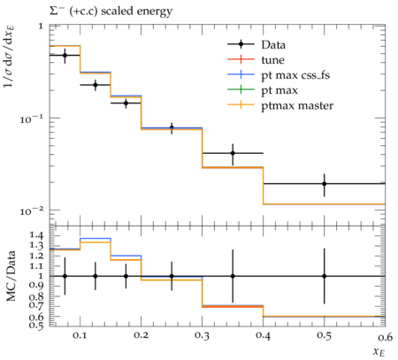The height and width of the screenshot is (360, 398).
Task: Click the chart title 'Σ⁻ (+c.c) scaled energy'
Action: point(111,11)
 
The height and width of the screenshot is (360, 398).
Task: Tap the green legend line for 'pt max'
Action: point(241,89)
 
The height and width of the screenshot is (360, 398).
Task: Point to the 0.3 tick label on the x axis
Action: point(202,335)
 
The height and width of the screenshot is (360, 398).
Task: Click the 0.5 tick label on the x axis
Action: point(324,335)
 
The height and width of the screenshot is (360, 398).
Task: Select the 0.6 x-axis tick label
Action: point(385,336)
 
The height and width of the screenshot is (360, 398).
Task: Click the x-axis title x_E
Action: point(379,352)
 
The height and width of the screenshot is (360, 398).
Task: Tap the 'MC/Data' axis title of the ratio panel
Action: point(11,276)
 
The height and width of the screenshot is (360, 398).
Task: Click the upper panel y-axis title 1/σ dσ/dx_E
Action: point(9,57)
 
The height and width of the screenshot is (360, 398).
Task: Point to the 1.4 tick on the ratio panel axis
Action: point(36,235)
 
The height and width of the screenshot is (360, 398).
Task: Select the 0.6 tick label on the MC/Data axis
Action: point(36,317)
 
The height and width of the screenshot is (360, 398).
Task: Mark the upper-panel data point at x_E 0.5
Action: point(325,184)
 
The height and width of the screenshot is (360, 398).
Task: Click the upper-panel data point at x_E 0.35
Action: point(233,153)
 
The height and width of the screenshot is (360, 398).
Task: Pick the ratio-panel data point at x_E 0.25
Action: point(172,276)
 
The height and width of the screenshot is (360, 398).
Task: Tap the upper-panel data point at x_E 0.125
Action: point(96,85)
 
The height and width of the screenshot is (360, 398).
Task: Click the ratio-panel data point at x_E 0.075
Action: point(65,276)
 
